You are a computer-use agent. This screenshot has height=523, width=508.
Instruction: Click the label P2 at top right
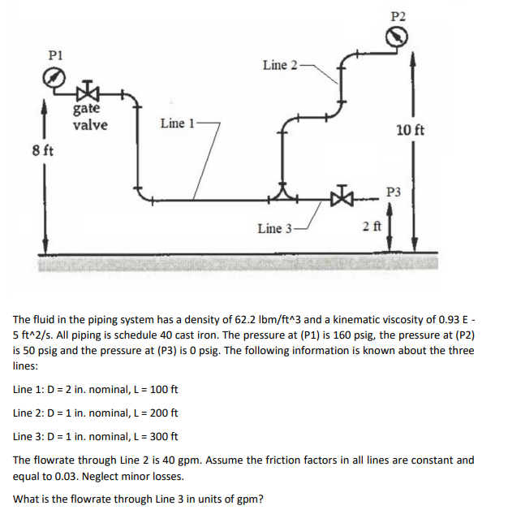click(398, 15)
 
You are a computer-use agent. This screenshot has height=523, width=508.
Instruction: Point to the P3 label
click(395, 192)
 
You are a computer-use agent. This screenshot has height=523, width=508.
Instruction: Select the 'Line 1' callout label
click(178, 123)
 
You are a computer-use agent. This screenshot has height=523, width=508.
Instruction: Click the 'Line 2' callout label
click(280, 64)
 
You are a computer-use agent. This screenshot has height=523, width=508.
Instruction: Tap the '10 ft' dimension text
click(410, 130)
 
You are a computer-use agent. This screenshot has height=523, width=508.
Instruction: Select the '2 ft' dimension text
click(372, 225)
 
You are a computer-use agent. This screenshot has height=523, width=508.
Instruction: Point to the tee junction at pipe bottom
click(284, 194)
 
